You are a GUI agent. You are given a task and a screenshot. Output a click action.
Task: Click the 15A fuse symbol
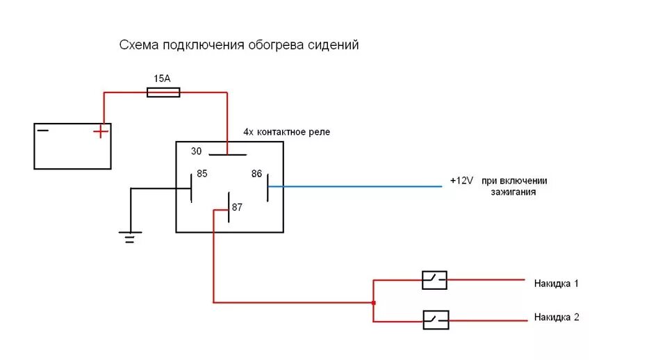click(x=164, y=92)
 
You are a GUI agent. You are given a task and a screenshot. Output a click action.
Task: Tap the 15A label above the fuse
click(x=160, y=79)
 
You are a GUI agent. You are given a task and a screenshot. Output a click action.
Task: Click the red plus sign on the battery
click(x=101, y=131)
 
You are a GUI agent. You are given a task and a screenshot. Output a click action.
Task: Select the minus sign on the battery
click(x=43, y=130)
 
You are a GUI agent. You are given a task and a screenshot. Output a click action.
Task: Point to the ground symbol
click(x=130, y=236)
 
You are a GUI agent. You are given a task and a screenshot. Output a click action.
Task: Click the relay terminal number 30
click(x=197, y=151)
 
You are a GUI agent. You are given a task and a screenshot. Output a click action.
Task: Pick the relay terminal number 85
click(x=202, y=174)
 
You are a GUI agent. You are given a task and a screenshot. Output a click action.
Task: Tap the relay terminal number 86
click(x=256, y=174)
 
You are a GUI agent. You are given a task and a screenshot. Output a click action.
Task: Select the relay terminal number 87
click(x=238, y=207)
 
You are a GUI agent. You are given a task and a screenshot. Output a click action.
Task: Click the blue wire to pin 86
click(x=354, y=186)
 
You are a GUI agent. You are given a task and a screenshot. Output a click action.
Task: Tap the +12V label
click(x=461, y=181)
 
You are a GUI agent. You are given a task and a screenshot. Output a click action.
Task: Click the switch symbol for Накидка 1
click(x=435, y=280)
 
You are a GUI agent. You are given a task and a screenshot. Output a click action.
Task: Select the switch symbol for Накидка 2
click(x=436, y=320)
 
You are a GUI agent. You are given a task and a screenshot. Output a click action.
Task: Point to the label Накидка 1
click(x=556, y=284)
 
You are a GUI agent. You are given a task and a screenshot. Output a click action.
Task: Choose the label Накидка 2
click(x=557, y=318)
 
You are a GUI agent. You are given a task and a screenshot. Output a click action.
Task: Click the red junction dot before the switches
click(x=374, y=302)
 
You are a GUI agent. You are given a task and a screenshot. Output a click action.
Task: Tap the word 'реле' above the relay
click(x=318, y=132)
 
